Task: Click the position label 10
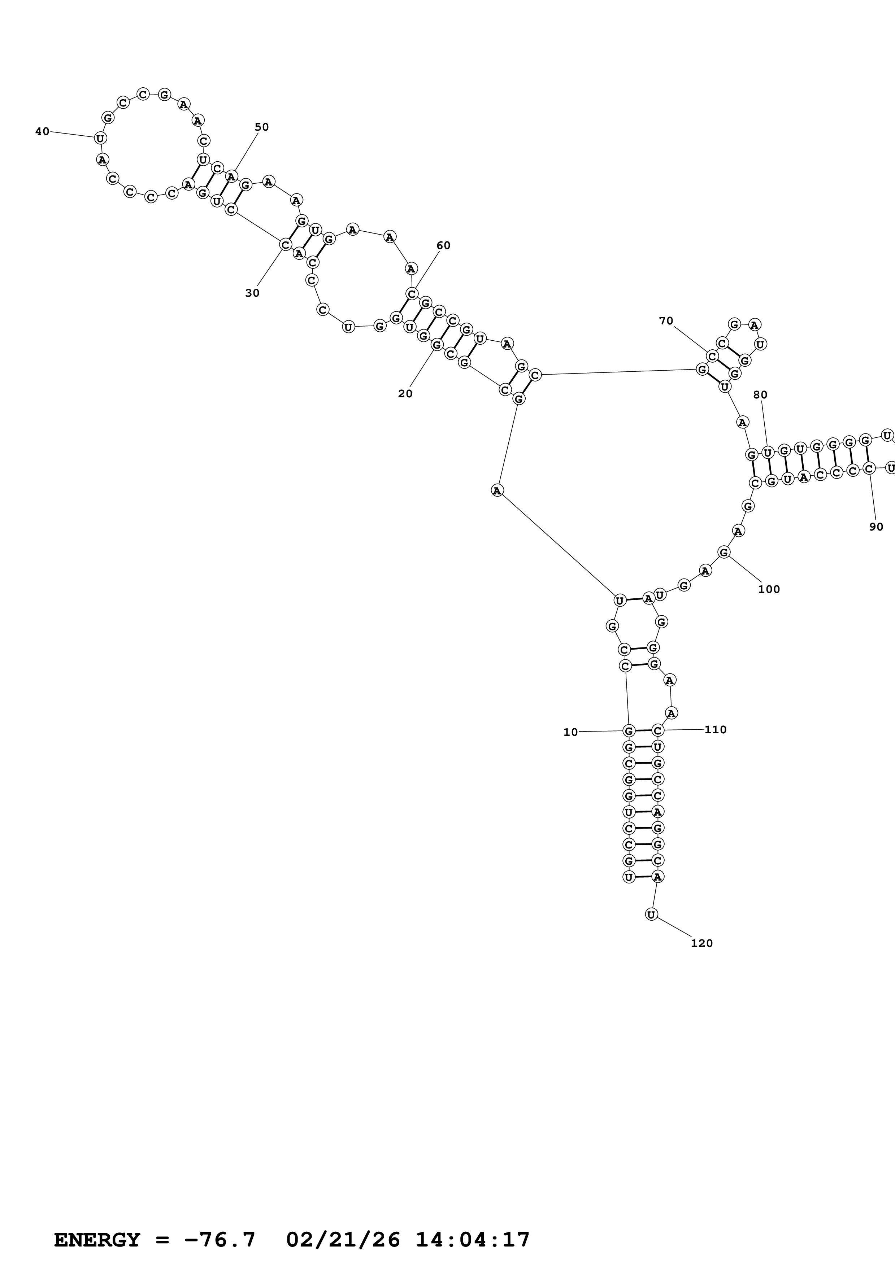tap(570, 732)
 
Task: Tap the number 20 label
tap(405, 394)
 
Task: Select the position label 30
tap(252, 293)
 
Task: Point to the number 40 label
tap(42, 131)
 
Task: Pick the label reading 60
tap(443, 245)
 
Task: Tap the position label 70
tap(666, 320)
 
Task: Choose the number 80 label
tap(760, 394)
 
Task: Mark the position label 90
tap(876, 527)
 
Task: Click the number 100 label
tap(769, 589)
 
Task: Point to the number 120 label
tap(701, 943)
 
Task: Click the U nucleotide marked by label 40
tap(100, 138)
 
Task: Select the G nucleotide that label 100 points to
tap(724, 552)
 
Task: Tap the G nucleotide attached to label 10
tap(628, 731)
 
